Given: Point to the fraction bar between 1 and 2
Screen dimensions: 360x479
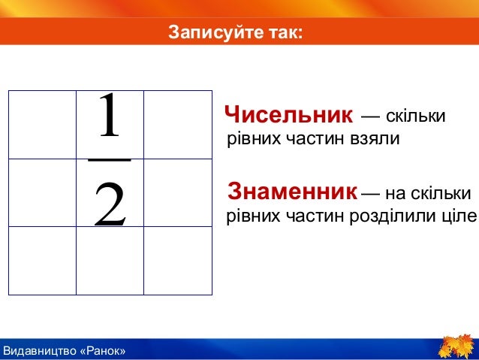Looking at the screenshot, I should click(110, 159).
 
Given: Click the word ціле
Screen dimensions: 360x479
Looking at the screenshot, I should click(460, 216).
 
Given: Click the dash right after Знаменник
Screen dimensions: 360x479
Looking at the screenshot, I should click(370, 194).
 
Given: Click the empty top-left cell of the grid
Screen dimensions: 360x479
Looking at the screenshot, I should click(42, 125).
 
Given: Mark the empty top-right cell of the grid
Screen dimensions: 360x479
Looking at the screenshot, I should click(177, 125).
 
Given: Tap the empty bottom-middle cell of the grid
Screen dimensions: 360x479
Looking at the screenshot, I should click(110, 260).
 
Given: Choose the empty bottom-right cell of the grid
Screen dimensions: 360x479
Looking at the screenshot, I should click(177, 260).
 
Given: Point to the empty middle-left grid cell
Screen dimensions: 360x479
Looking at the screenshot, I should click(42, 192).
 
